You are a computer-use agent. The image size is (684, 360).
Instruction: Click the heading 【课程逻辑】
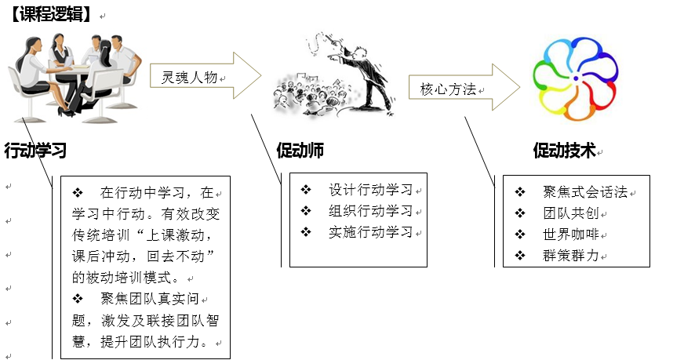52,14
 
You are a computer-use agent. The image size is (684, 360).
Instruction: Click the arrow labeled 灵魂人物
206,75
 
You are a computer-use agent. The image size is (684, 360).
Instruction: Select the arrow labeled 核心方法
464,87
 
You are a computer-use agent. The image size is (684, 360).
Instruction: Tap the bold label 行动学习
35,150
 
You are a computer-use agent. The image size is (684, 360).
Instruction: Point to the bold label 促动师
300,150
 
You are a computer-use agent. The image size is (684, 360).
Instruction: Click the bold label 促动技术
565,151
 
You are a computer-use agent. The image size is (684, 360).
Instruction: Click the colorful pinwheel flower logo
576,79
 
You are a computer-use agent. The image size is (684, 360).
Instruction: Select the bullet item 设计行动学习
371,190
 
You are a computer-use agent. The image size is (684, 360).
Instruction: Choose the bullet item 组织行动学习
371,211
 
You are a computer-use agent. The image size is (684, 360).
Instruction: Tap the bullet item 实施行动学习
371,231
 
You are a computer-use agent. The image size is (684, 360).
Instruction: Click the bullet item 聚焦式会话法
585,191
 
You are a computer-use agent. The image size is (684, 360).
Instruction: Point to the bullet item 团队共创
571,213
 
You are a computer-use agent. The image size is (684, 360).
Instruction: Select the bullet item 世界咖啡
571,235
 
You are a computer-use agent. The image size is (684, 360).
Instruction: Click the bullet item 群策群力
571,255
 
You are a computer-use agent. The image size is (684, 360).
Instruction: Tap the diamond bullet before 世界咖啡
520,235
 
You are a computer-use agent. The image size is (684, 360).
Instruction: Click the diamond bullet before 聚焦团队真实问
78,299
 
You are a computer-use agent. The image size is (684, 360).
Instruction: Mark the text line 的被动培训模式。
126,278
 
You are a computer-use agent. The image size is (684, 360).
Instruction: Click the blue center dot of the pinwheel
576,78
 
